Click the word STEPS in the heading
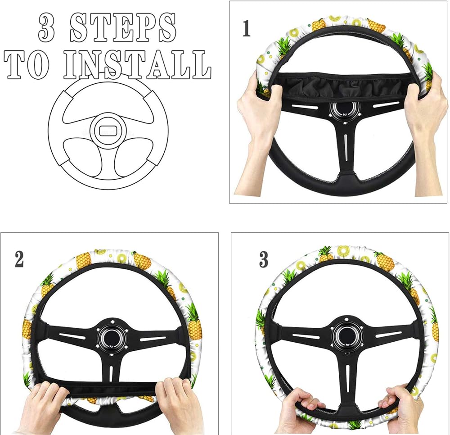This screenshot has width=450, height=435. (123, 28)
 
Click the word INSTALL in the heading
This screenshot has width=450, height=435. (137, 64)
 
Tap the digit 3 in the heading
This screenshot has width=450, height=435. (46, 28)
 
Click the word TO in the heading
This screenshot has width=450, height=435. (27, 64)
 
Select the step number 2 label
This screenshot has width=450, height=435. (19, 259)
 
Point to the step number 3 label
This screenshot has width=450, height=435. (264, 259)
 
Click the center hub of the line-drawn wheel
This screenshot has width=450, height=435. (108, 131)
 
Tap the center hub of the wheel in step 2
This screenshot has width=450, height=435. (112, 337)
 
